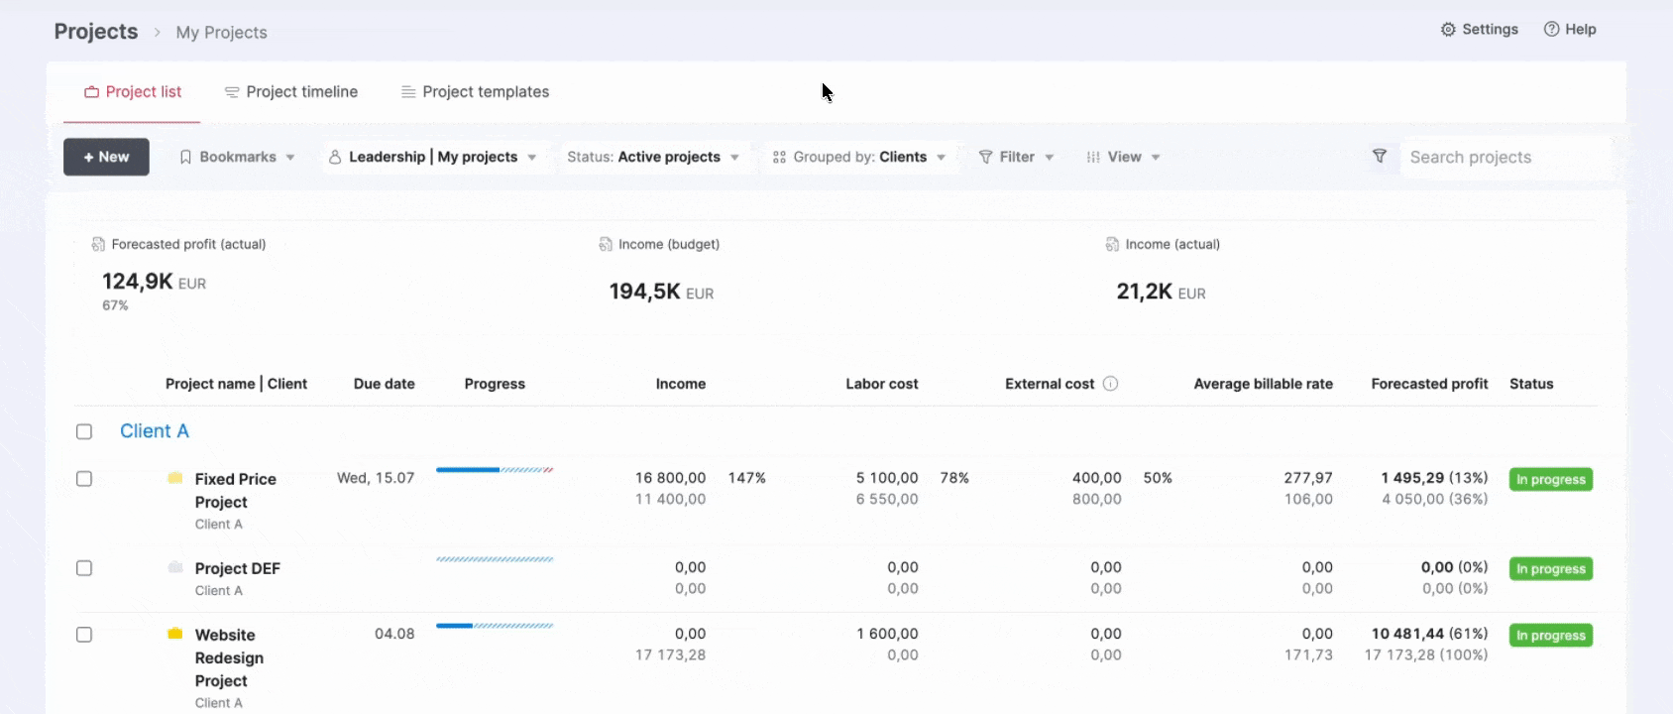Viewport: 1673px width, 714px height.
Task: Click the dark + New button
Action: click(106, 157)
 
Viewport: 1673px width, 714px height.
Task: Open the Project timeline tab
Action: click(291, 92)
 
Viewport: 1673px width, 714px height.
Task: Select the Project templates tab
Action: click(475, 92)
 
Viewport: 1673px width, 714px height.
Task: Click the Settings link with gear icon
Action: click(1479, 29)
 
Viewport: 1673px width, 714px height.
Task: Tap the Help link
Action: click(1570, 29)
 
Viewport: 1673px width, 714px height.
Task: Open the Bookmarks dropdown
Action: click(238, 157)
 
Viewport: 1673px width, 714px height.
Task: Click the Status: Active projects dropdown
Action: click(653, 157)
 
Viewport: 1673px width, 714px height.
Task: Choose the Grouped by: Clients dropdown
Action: click(859, 157)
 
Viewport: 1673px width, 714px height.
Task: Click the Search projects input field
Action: click(1505, 157)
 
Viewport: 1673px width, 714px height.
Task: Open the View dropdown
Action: click(1123, 157)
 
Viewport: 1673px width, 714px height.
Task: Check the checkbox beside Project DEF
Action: click(84, 568)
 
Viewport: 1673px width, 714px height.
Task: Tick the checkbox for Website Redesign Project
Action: click(84, 635)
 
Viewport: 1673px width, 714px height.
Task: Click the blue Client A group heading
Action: click(155, 430)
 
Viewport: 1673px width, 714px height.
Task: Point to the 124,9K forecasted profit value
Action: click(138, 281)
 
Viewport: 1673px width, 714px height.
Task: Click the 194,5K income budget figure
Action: click(644, 291)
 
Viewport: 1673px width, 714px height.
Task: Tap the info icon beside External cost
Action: click(1111, 384)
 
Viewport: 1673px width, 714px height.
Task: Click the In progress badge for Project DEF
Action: click(1550, 569)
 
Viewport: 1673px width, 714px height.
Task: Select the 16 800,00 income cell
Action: click(670, 478)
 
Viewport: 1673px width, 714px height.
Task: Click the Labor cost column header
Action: click(881, 384)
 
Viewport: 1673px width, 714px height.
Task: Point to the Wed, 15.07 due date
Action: click(376, 478)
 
